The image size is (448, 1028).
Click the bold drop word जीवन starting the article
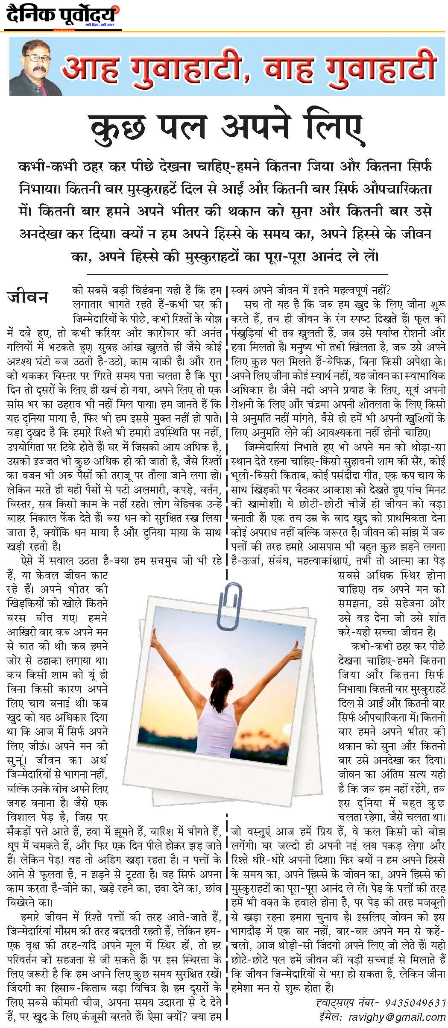pyautogui.click(x=28, y=297)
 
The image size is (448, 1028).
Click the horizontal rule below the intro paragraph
pyautogui.click(x=237, y=273)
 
